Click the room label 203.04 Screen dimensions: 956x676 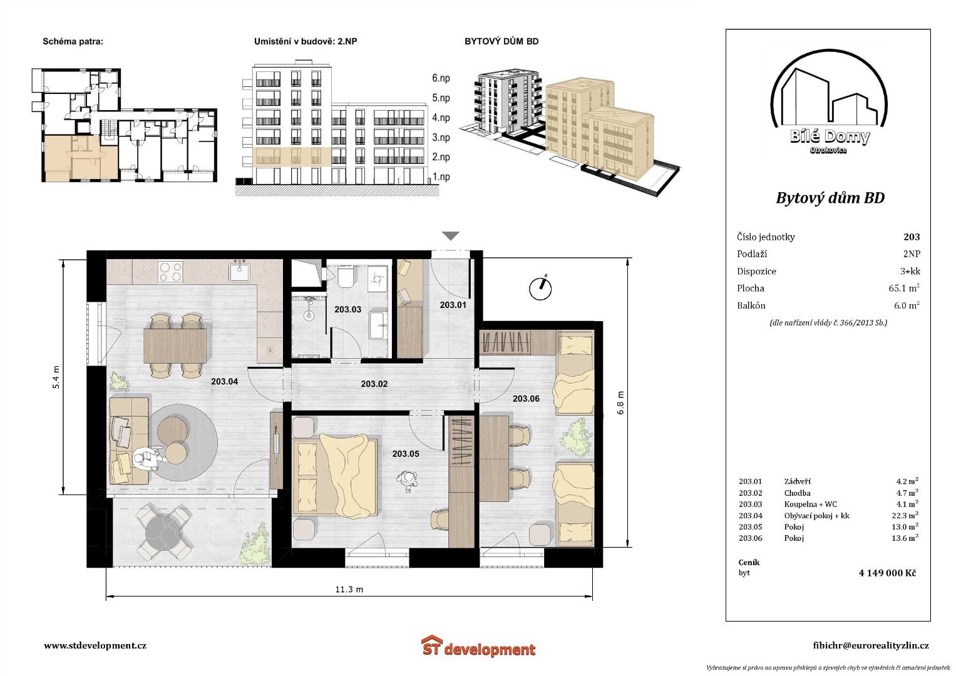[224, 382]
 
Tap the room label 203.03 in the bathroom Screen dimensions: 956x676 [347, 309]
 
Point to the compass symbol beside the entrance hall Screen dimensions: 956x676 [540, 288]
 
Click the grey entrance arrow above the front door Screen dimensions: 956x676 [451, 235]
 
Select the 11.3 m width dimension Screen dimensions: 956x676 [349, 590]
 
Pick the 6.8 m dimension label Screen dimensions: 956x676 [620, 402]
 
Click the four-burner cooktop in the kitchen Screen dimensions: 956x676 [171, 272]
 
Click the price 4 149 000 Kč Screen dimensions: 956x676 [887, 573]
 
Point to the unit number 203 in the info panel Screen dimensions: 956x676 [912, 237]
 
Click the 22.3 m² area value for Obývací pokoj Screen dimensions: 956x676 [905, 516]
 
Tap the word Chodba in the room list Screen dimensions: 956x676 [797, 493]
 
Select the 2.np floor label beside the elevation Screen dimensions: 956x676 [441, 157]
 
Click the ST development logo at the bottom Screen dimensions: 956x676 [478, 646]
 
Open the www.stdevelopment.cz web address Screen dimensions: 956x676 [95, 645]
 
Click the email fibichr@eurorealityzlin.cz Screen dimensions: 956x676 [871, 646]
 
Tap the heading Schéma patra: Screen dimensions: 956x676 [73, 42]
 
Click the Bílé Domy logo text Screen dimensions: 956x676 [830, 136]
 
